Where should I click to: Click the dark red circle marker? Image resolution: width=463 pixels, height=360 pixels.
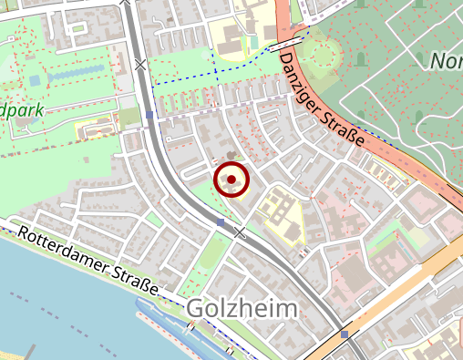(231, 180)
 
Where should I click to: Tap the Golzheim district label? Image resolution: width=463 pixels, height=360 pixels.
(242, 309)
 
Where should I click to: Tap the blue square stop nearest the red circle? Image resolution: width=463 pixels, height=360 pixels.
(221, 221)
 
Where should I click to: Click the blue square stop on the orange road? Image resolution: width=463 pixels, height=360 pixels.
(344, 334)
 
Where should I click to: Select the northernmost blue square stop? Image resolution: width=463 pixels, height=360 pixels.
(149, 116)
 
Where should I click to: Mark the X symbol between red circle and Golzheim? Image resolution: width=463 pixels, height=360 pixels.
(240, 233)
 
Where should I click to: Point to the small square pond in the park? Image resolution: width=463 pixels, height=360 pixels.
(35, 80)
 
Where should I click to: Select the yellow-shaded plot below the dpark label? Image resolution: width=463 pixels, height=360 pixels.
(97, 131)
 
